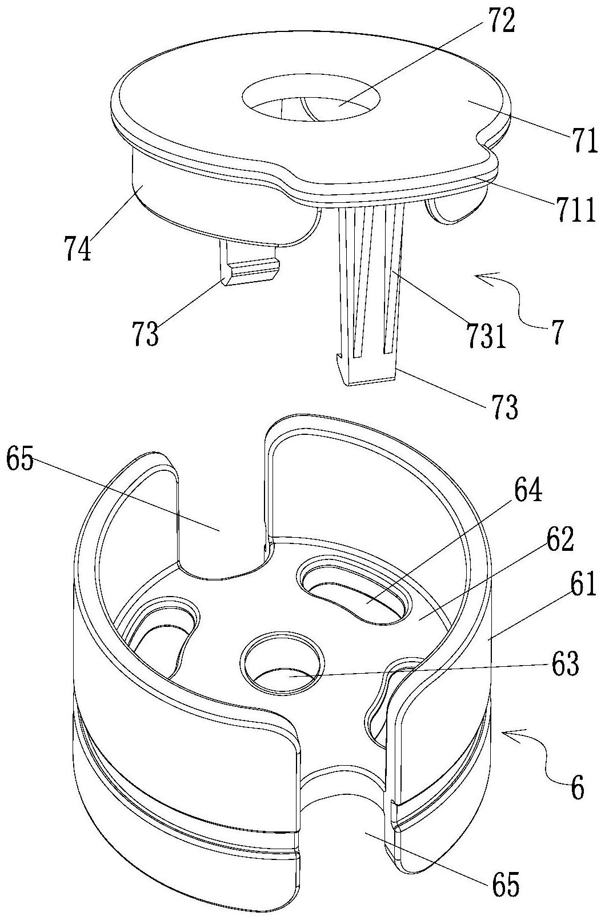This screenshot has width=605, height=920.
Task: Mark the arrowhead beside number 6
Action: tap(514, 735)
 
